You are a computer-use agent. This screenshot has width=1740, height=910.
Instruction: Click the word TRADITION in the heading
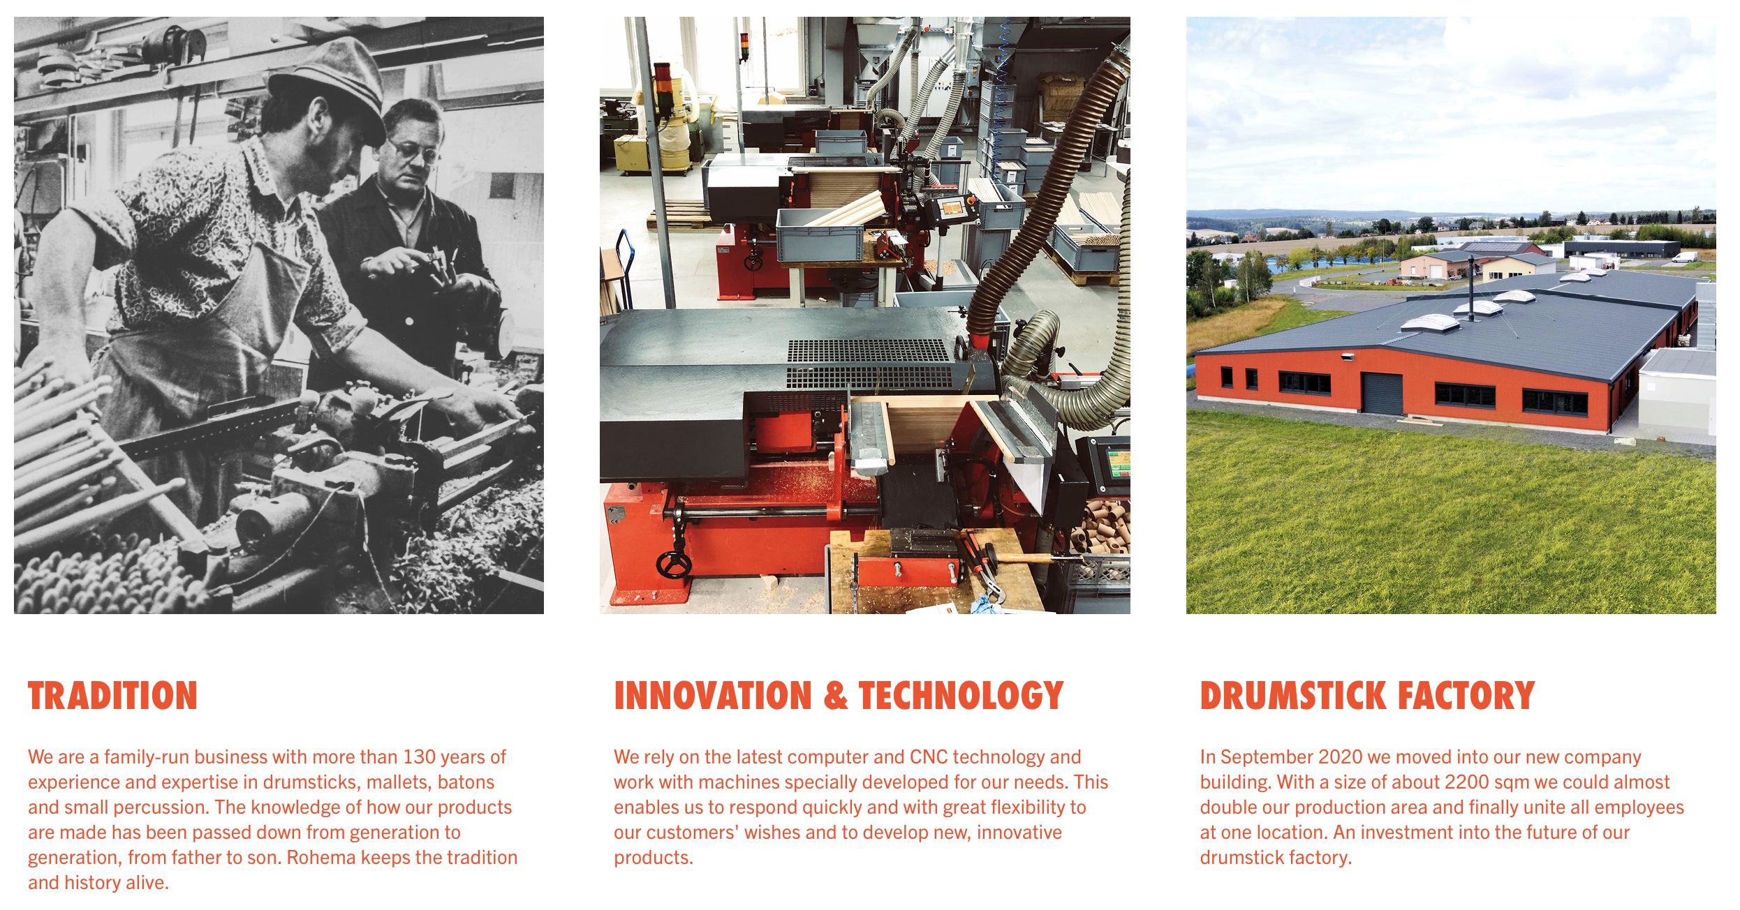point(112,696)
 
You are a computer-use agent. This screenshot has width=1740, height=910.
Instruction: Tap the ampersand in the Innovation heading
point(836,696)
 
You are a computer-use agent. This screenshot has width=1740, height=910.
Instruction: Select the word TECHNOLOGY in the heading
point(961,696)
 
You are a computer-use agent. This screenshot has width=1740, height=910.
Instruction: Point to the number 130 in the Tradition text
point(419,757)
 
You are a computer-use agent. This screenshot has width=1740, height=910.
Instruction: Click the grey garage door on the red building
point(1382,393)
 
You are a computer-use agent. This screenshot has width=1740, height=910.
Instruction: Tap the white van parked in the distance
point(1685,257)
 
